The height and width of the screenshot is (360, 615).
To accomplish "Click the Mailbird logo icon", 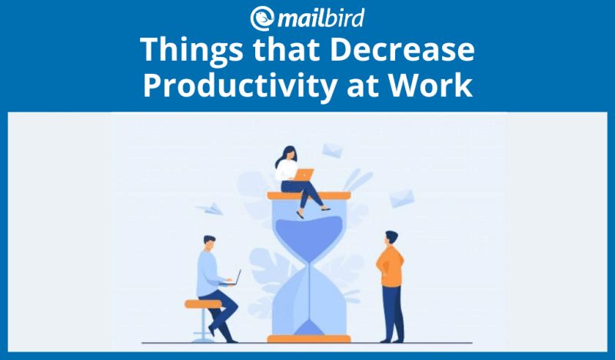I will pyautogui.click(x=261, y=18).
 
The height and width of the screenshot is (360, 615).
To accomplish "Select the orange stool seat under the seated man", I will pyautogui.click(x=204, y=303).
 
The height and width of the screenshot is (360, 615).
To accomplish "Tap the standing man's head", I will pyautogui.click(x=391, y=236).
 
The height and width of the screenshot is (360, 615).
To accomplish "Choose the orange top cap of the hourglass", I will pyautogui.click(x=308, y=195).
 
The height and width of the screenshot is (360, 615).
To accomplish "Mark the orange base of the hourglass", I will pyautogui.click(x=308, y=337).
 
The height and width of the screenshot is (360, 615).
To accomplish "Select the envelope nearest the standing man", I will pyautogui.click(x=401, y=198).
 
